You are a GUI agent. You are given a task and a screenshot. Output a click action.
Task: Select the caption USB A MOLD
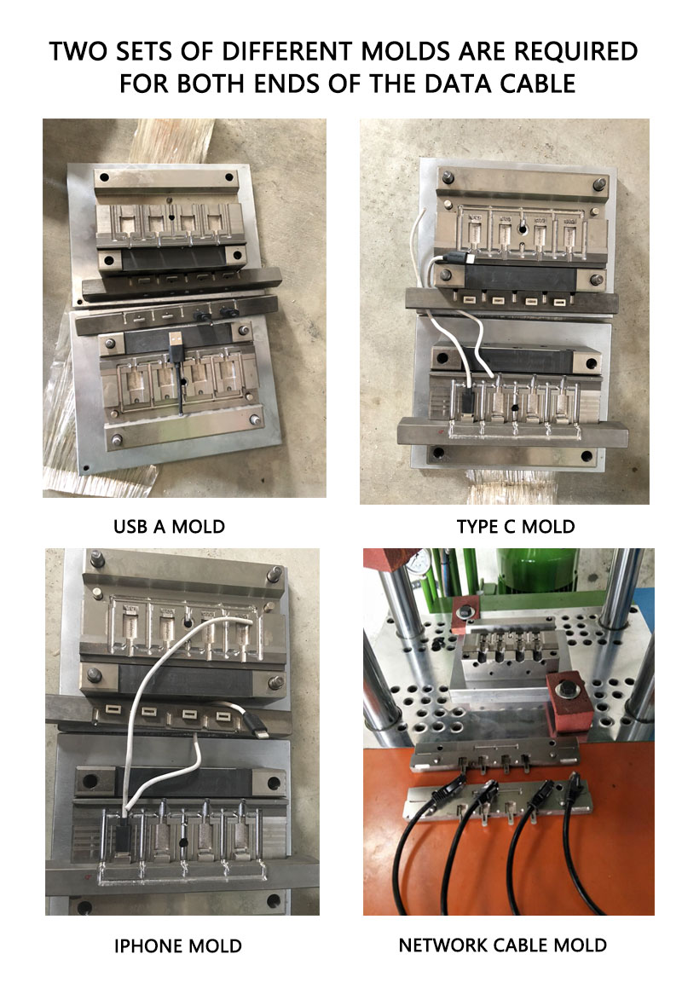tap(170, 526)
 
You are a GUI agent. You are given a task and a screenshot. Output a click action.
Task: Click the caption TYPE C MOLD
tap(515, 526)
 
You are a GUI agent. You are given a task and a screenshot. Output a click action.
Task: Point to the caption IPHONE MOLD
tap(178, 946)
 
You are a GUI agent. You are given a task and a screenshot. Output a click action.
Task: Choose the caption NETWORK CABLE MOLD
tap(503, 945)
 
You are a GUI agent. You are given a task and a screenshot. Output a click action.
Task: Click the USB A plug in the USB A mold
tap(176, 344)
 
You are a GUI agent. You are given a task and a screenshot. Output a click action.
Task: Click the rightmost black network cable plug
tap(574, 785)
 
